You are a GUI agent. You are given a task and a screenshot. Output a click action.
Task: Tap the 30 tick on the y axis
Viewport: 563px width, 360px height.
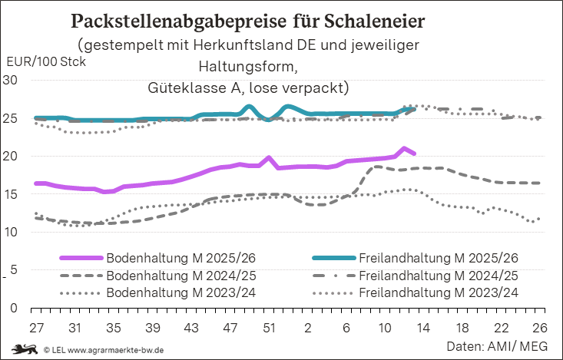point(12,80)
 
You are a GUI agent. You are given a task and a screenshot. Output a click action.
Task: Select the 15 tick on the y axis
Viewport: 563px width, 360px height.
point(12,194)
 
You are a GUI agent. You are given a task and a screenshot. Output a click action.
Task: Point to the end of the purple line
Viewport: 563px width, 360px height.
point(414,154)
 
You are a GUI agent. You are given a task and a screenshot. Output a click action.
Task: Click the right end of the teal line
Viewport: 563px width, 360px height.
point(414,109)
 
